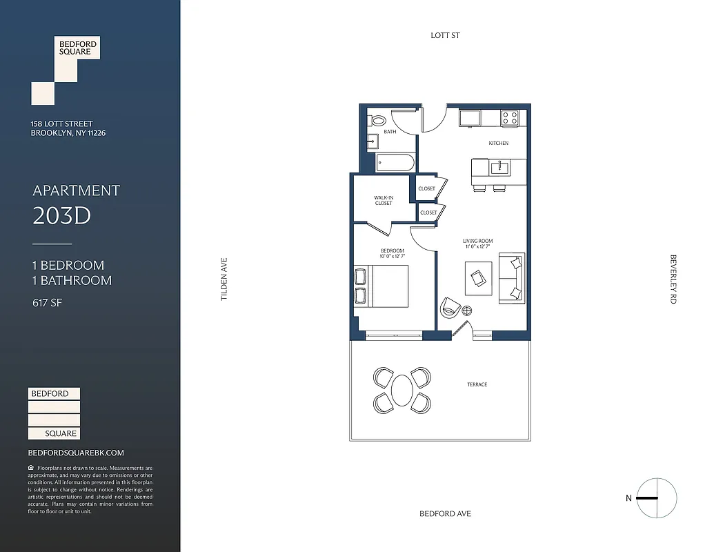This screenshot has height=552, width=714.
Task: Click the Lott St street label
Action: tap(445, 35)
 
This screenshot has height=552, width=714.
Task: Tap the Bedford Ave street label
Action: tap(445, 513)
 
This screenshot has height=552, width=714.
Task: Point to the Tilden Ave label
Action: tap(224, 279)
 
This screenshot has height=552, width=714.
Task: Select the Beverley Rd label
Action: tap(673, 279)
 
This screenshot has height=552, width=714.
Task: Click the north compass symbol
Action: tap(656, 498)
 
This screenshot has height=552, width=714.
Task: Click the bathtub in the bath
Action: tap(395, 164)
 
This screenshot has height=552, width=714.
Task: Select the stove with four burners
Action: tap(510, 118)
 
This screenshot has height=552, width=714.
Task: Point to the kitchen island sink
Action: tap(498, 167)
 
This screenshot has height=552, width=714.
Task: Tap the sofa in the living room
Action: tap(512, 277)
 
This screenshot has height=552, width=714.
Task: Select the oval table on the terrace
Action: tap(402, 391)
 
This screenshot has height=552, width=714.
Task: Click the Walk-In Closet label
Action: tap(384, 200)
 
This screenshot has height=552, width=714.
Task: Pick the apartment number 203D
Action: tap(62, 217)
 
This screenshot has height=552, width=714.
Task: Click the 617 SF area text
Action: tap(48, 302)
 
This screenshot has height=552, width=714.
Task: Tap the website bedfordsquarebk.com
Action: tap(76, 453)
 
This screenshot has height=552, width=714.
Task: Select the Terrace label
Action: tap(477, 384)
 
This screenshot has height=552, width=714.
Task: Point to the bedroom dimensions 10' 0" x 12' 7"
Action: tap(392, 257)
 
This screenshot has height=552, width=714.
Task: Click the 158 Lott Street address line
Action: tap(61, 124)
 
